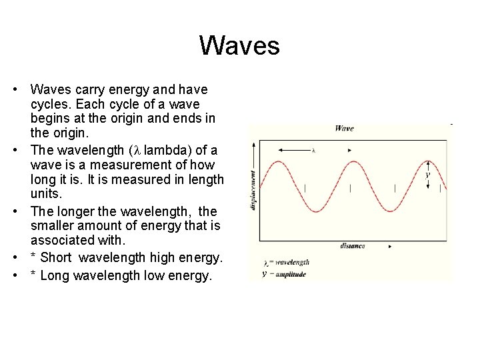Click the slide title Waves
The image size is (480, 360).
tap(239, 46)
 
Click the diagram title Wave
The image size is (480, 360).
tap(345, 128)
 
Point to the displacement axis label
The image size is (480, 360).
tap(253, 189)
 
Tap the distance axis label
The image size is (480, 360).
tap(352, 246)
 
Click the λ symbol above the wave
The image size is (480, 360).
tap(313, 151)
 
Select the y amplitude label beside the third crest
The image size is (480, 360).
tap(427, 175)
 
